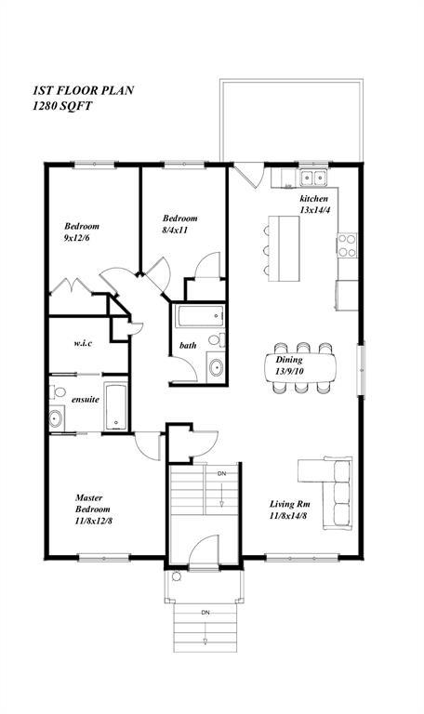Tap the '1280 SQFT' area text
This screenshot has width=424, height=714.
click(62, 107)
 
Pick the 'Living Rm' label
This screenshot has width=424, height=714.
click(291, 509)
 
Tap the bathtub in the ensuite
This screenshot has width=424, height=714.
click(115, 407)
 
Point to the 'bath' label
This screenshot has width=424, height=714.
click(188, 346)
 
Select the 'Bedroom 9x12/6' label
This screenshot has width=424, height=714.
click(82, 231)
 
